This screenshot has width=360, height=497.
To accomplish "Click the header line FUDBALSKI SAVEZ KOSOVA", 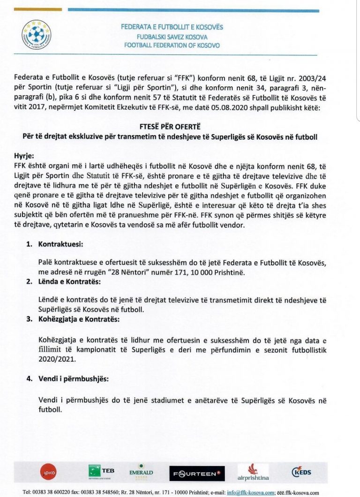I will point(171,37).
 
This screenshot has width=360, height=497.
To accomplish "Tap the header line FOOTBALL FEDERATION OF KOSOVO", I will point(172,45).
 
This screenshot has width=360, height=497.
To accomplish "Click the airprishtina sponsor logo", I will point(253,473).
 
